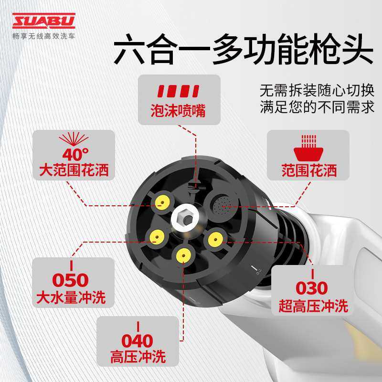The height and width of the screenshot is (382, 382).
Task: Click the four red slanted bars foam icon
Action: [x=179, y=91]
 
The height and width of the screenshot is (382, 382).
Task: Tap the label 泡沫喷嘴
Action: [x=179, y=111]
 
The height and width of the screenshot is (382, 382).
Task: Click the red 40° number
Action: [x=75, y=154]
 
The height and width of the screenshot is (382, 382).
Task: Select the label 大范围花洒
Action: [x=74, y=170]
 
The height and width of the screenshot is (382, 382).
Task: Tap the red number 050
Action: [x=71, y=280]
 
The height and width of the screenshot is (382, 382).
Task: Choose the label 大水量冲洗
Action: [x=71, y=298]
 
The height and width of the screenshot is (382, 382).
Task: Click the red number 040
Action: [x=137, y=341]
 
